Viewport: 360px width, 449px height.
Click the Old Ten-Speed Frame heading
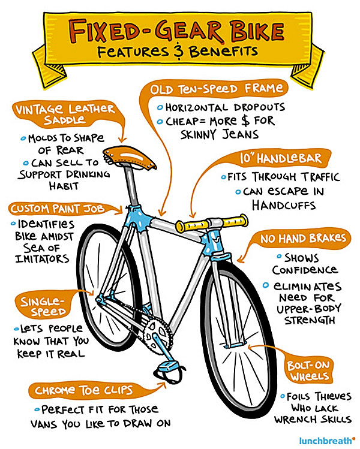(x=217, y=89)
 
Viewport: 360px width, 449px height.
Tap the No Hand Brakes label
(x=304, y=239)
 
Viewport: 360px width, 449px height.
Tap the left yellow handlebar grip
(x=188, y=226)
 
